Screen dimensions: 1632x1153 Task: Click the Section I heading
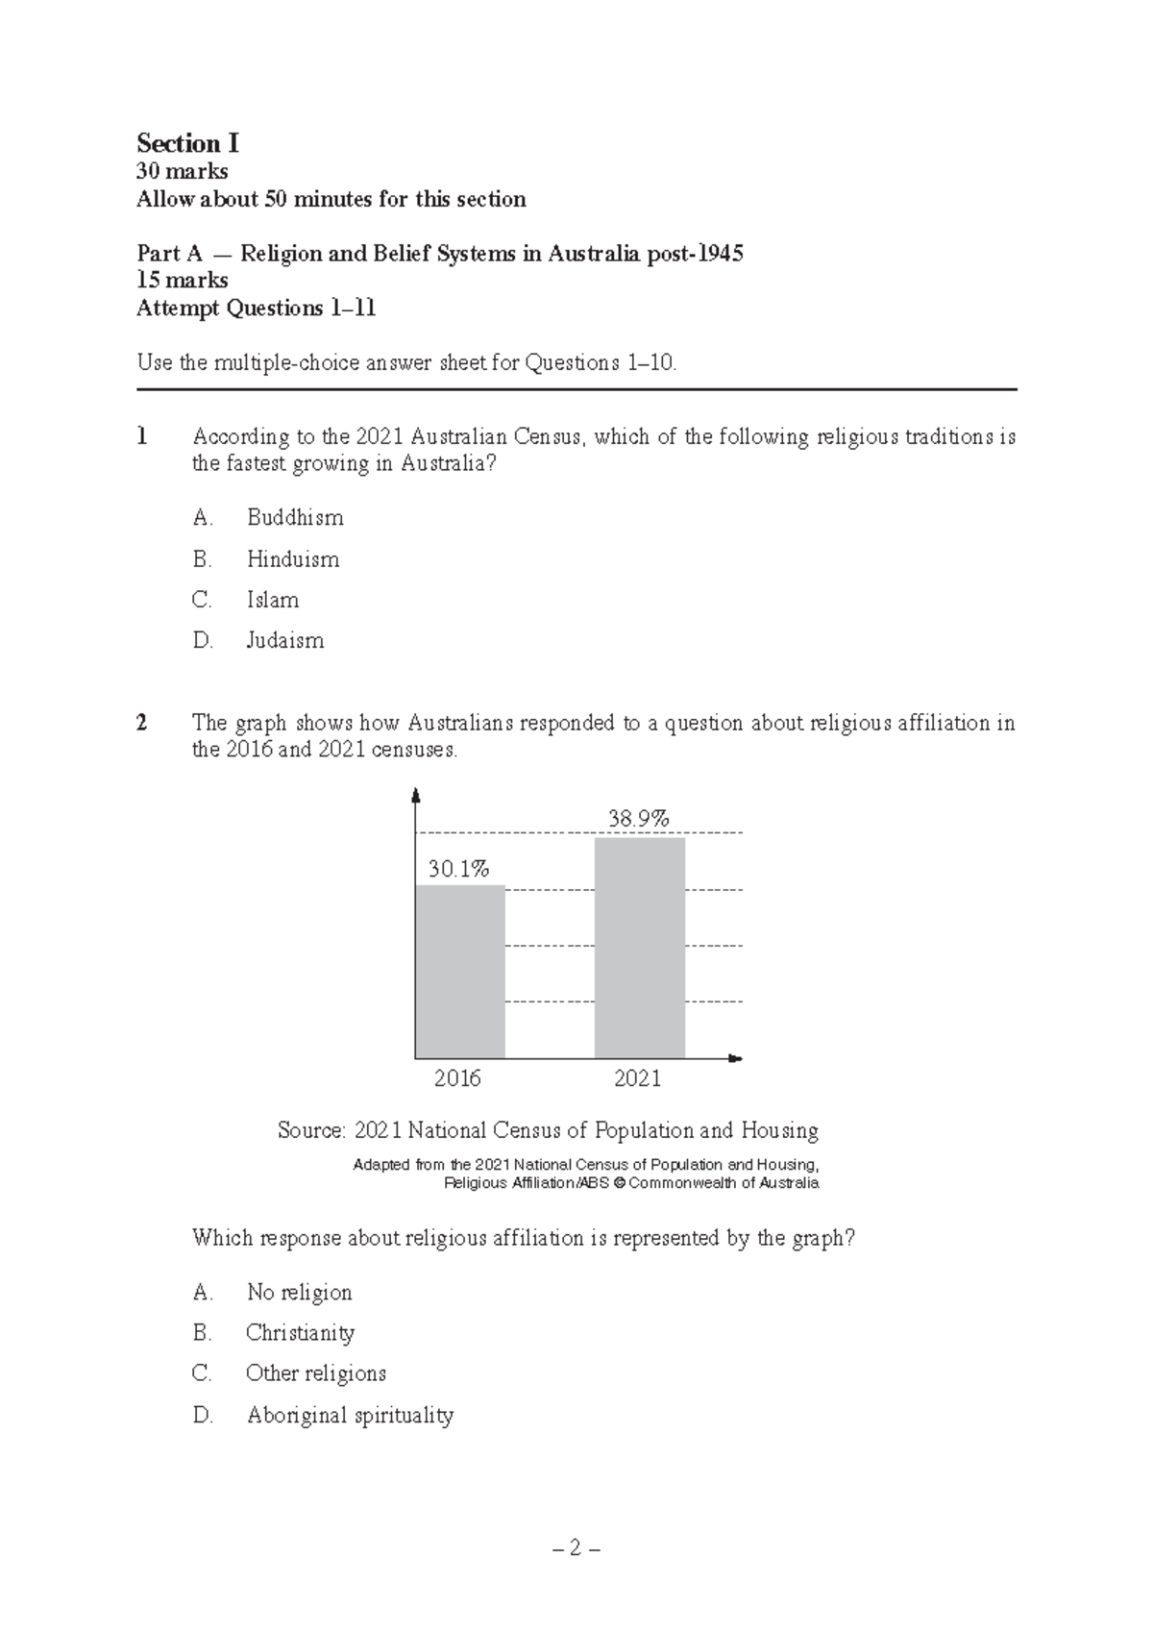coord(187,144)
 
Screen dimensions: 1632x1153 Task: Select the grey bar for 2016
coord(459,971)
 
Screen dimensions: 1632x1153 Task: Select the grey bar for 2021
coord(639,947)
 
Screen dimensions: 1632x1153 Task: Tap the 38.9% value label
coord(638,819)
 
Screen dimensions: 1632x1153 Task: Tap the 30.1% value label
coord(458,870)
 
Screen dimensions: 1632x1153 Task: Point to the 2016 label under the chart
coord(457,1078)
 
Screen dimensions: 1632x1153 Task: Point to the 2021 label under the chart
coord(637,1078)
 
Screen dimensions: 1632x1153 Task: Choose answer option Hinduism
coord(292,559)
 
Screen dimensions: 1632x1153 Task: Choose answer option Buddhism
coord(294,518)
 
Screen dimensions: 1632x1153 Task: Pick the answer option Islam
coord(272,600)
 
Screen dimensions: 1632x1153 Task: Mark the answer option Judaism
coord(284,641)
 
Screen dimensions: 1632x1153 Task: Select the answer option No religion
coord(299,1293)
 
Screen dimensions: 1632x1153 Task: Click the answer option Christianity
coord(300,1333)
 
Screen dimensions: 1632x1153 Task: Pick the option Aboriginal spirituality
coord(349,1416)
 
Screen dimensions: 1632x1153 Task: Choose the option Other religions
coord(315,1373)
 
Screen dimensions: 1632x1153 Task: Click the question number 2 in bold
coord(142,723)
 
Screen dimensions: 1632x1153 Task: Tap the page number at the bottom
coord(576,1549)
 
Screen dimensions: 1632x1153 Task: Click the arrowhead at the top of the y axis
coord(415,794)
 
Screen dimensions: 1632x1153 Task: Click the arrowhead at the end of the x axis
coord(736,1058)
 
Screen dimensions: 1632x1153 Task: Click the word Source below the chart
coord(309,1131)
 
